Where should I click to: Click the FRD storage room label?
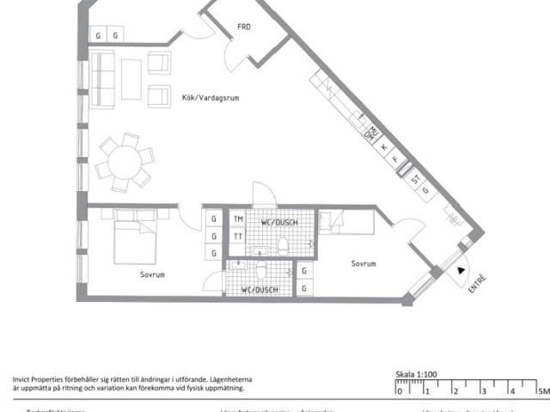pos(244,27)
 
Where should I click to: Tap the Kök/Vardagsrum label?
pos(210,98)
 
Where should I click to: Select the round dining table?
pos(125,162)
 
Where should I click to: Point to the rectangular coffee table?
pos(131,78)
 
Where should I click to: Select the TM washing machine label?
pos(237,219)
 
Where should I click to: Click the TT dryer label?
pos(237,236)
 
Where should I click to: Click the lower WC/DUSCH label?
pos(259,290)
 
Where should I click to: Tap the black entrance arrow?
pos(461,272)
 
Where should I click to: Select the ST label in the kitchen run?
pos(414,180)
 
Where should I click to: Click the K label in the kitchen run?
pos(383,147)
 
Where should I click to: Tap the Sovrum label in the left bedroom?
pos(152,274)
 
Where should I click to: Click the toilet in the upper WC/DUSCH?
pos(283,248)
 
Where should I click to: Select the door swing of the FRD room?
pos(233,57)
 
